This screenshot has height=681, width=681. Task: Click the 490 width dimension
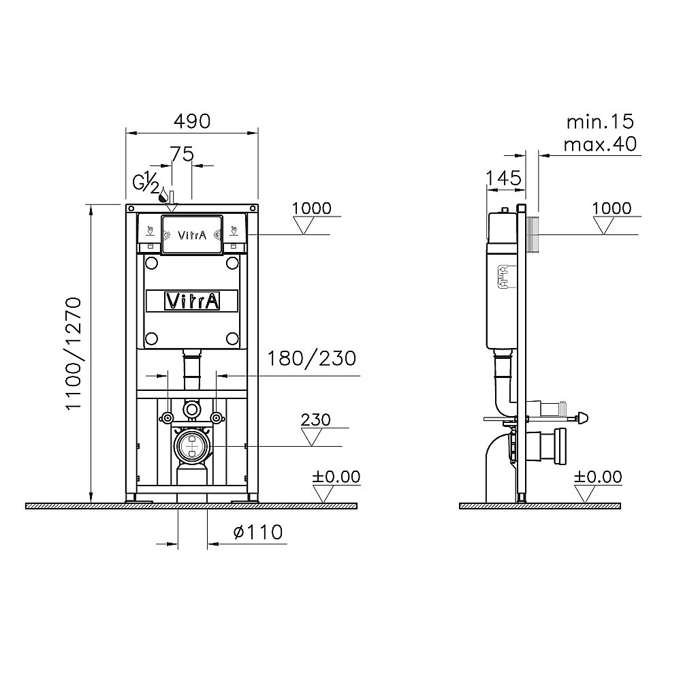pos(192,121)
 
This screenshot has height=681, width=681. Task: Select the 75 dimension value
pos(182,154)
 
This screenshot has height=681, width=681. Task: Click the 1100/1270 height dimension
pos(74,353)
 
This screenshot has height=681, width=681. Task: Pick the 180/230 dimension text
pos(311,358)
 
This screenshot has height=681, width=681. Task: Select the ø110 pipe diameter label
pos(258,532)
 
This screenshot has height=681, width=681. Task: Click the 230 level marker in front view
pos(316,419)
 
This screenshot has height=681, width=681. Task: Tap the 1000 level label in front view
pos(311,208)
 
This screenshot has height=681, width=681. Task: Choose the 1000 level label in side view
pos(612,208)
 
